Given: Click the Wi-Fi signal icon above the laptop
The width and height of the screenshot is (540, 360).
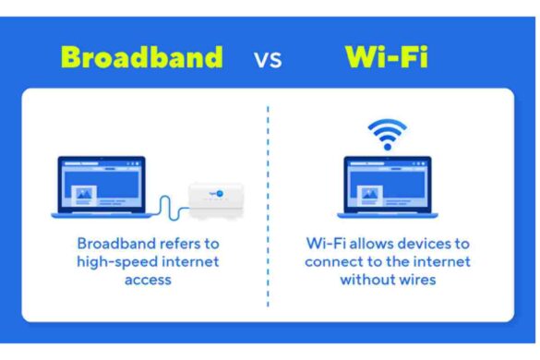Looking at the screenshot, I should pos(387,134).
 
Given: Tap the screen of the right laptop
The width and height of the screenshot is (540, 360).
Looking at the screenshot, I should pos(388,184).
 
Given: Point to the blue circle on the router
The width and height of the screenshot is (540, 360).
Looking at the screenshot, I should pos(220,192).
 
